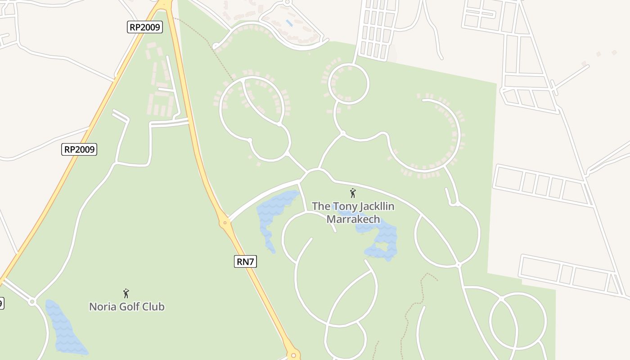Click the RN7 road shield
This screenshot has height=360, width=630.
tap(245, 261)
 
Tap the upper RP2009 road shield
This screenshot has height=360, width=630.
tap(144, 27)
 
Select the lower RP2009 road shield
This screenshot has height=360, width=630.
tap(79, 149)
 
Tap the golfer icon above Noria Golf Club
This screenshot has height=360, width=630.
tap(126, 294)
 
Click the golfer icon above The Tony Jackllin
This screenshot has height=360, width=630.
tap(353, 193)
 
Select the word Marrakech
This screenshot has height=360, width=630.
tap(353, 220)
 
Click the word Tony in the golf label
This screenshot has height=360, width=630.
tap(343, 207)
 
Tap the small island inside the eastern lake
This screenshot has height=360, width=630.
tap(382, 246)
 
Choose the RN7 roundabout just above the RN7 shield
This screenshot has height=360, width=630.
tap(225, 222)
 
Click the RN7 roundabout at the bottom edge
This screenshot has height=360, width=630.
tap(293, 355)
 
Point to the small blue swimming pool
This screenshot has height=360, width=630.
tap(289, 22)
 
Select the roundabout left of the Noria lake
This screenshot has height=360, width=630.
tap(32, 301)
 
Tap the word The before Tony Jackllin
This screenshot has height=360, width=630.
tap(321, 207)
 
